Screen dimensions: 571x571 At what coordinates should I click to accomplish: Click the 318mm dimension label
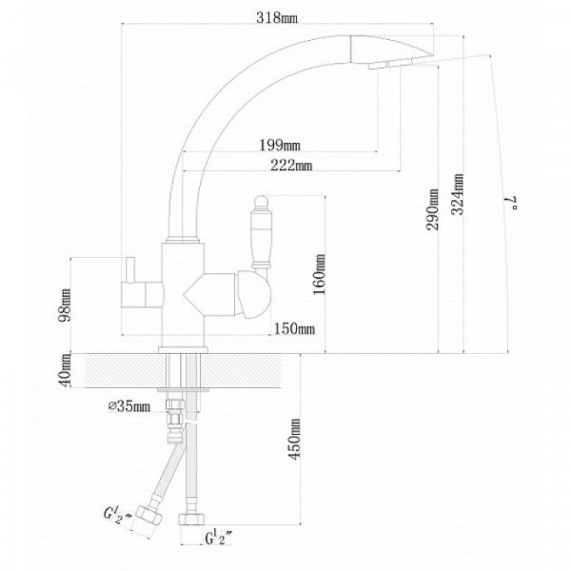[277, 17]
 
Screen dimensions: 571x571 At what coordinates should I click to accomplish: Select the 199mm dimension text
[280, 146]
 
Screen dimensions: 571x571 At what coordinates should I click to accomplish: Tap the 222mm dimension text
[291, 166]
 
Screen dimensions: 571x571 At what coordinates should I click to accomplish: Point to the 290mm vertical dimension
[432, 209]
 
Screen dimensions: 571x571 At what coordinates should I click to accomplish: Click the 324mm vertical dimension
[458, 194]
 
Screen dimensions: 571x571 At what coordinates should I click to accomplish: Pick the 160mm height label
[319, 275]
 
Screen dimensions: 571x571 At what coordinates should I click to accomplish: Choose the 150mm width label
[294, 329]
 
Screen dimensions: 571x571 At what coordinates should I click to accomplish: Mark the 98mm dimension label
[66, 305]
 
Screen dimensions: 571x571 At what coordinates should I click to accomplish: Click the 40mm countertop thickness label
[66, 370]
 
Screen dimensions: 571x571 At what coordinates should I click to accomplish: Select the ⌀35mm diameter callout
[129, 406]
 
